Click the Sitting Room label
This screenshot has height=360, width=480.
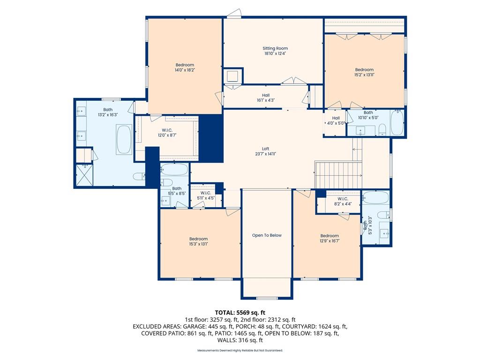(x=275, y=48)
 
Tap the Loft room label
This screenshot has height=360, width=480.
(x=265, y=149)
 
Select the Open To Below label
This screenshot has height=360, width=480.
(x=267, y=235)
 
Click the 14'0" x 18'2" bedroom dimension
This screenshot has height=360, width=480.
(x=185, y=70)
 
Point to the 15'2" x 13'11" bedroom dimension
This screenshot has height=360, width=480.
(x=364, y=75)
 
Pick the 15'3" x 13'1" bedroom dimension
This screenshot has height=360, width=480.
(x=198, y=244)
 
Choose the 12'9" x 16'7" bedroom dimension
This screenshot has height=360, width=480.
(x=330, y=240)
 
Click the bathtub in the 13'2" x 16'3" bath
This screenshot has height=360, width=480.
(x=124, y=139)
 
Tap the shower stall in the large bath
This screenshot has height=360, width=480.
(x=84, y=175)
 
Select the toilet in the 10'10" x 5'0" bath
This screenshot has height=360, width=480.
(x=382, y=129)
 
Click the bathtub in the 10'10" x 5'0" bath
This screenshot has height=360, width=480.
(x=397, y=122)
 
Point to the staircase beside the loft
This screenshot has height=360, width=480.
(x=338, y=175)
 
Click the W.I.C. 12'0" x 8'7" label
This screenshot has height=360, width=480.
(x=167, y=133)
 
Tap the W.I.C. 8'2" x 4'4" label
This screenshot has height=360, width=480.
(x=343, y=202)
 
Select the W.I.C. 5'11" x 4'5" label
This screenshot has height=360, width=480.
(x=206, y=195)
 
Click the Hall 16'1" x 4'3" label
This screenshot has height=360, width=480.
(x=266, y=97)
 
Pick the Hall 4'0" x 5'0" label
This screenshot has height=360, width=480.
(x=336, y=120)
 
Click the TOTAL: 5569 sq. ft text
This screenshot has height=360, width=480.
(x=240, y=313)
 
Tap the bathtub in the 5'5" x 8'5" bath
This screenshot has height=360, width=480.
(x=174, y=169)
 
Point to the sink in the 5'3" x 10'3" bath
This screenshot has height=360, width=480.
(x=384, y=233)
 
